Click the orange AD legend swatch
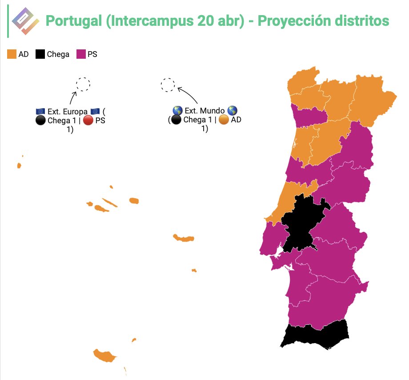click(x=12, y=55)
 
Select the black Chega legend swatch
click(x=40, y=55)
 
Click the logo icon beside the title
click(x=25, y=21)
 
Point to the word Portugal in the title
click(x=73, y=21)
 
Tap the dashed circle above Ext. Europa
click(x=83, y=84)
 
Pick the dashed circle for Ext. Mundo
click(x=168, y=85)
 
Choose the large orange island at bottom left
click(x=104, y=356)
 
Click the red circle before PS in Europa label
click(x=88, y=121)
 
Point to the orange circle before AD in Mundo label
click(x=224, y=120)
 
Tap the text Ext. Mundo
click(x=204, y=111)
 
